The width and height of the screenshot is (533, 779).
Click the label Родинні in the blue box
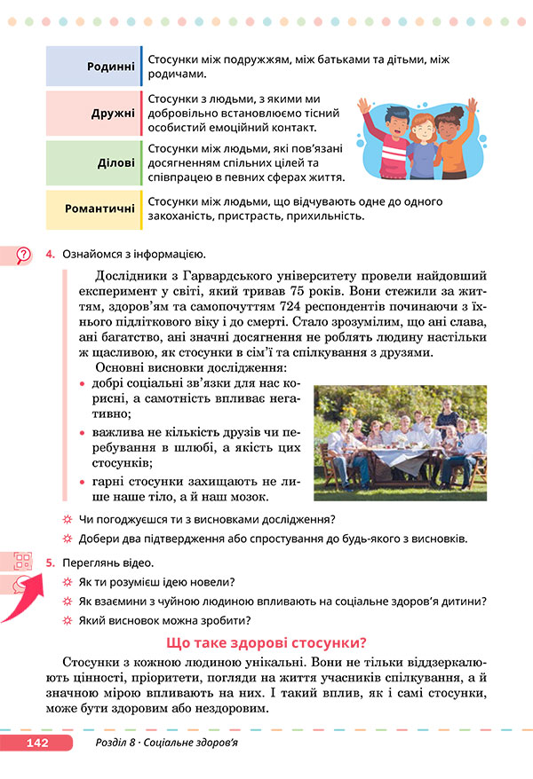click(111, 67)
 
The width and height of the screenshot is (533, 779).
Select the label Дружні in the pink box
click(113, 114)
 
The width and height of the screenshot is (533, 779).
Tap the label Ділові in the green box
click(116, 163)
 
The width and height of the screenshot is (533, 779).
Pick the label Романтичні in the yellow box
click(99, 209)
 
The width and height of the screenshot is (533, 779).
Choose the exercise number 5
click(50, 563)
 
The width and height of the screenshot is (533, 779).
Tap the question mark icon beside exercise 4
click(23, 256)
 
